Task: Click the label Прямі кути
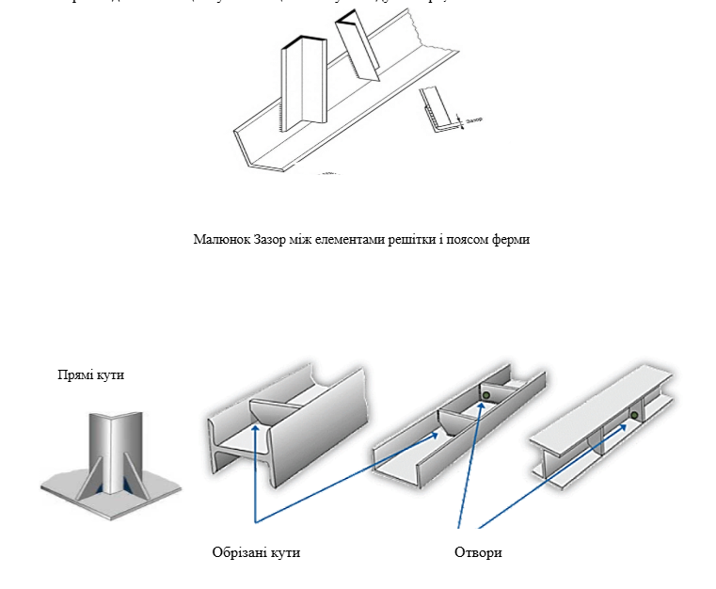pyautogui.click(x=91, y=375)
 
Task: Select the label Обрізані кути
pyautogui.click(x=256, y=552)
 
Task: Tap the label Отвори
pyautogui.click(x=478, y=552)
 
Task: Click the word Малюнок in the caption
pyautogui.click(x=217, y=239)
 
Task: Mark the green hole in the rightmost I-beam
pyautogui.click(x=634, y=415)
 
